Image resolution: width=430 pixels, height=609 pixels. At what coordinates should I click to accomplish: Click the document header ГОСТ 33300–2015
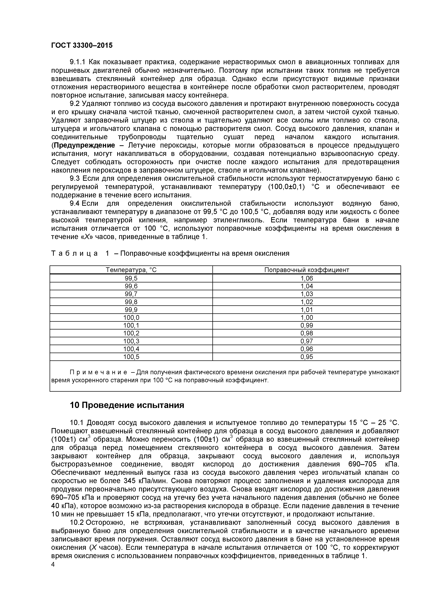[x=82, y=45]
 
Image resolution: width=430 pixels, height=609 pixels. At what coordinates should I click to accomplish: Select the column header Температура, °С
[x=131, y=270]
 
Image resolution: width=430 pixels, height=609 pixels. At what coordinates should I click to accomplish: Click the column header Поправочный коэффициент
[x=307, y=270]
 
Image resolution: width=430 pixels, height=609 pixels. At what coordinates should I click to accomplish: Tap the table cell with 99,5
[x=131, y=278]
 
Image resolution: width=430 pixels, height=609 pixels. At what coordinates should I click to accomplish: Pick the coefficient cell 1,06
[x=307, y=278]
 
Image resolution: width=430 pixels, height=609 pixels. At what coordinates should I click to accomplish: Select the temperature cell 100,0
[x=131, y=318]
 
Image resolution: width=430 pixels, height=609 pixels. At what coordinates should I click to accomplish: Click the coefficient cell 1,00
[x=307, y=318]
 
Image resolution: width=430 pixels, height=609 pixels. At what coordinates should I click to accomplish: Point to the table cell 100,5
[x=131, y=357]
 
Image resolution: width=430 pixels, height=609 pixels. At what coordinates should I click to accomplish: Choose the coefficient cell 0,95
[x=307, y=357]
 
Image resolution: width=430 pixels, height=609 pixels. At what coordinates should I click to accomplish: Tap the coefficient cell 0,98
[x=307, y=333]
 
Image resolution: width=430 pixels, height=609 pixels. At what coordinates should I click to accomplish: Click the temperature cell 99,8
[x=131, y=302]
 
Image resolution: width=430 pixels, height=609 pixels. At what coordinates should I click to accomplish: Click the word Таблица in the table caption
[x=74, y=254]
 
